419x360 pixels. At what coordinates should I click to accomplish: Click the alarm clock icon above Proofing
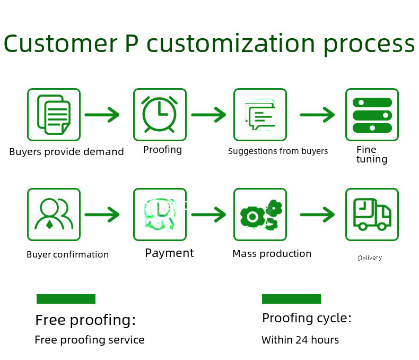pos(160,115)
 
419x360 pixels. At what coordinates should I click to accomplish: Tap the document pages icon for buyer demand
pos(54,115)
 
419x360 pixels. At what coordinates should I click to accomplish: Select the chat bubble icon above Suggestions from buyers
pos(260,116)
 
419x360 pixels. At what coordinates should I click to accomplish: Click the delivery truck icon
pos(372,214)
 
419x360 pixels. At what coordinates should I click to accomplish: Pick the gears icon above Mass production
pos(261,214)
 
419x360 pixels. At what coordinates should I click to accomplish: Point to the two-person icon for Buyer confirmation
pos(54,214)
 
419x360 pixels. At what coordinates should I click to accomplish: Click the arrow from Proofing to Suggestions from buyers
pos(208,115)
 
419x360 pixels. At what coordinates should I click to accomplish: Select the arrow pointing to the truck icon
pos(317,215)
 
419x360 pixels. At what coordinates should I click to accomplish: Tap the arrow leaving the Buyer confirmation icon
pos(102,215)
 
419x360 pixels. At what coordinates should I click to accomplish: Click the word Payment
pos(169,253)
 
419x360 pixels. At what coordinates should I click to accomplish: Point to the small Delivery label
pos(370,258)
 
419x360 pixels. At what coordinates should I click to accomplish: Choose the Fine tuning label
pos(372,155)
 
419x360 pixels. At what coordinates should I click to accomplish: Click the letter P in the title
pos(132,44)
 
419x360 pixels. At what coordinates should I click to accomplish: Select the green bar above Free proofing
pos(66,299)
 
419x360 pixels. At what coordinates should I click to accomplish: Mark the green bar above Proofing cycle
pos(291,299)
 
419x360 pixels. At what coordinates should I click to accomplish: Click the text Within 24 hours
pos(300,340)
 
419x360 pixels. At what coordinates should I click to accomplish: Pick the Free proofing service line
pos(90,340)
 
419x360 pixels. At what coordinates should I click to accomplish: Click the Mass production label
pos(272,254)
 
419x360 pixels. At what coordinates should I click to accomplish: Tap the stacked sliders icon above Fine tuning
pos(372,115)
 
